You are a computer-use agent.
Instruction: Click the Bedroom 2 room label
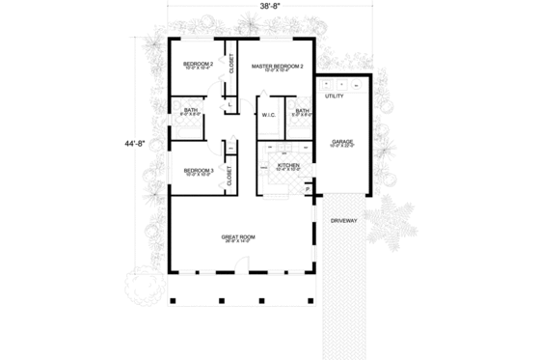(197, 64)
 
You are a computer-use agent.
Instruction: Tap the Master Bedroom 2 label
(277, 66)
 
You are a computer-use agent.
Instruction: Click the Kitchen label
(288, 166)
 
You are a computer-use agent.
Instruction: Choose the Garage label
(342, 141)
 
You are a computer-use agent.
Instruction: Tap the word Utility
(335, 97)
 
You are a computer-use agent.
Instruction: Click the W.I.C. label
(268, 116)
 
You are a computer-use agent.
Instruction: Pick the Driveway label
(344, 221)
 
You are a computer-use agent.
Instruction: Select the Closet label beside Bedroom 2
(231, 63)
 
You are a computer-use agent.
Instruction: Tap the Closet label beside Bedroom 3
(229, 175)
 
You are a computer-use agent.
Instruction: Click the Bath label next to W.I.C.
(302, 111)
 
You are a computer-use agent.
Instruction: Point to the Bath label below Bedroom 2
(190, 110)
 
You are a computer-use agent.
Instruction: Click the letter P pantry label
(308, 189)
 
